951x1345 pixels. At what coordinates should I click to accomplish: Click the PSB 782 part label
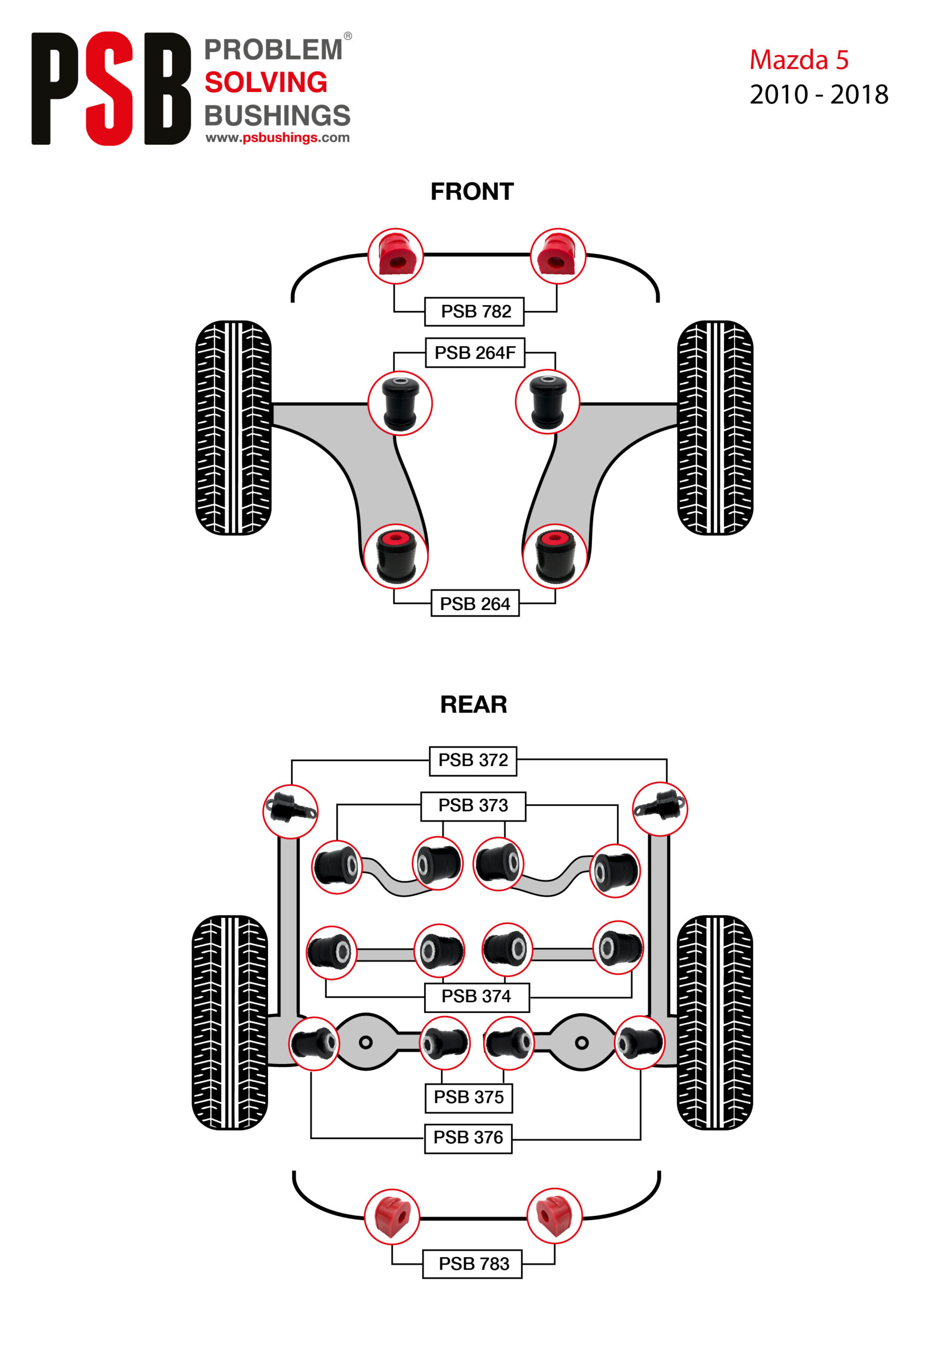474,311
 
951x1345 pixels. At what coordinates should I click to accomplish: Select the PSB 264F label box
474,353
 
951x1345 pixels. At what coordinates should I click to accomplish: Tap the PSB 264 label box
474,603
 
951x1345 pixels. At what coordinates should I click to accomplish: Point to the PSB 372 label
473,760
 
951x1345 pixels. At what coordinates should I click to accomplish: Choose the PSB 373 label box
473,805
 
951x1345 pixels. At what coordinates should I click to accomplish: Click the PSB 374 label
477,996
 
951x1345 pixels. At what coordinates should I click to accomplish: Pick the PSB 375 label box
468,1096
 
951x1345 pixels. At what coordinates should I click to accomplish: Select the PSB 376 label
468,1137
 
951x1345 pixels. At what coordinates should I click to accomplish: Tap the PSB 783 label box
472,1264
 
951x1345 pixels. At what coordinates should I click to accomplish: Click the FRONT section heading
472,192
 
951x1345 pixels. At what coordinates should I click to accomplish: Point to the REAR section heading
473,704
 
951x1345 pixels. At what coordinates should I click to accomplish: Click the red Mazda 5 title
799,60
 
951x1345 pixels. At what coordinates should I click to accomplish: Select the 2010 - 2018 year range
819,95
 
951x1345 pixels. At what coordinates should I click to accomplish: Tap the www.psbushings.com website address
277,138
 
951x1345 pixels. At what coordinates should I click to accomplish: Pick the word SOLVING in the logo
266,82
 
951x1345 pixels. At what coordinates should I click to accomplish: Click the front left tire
233,427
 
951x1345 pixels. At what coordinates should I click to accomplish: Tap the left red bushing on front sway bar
396,256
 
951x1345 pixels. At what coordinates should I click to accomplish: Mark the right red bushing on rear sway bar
554,1216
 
